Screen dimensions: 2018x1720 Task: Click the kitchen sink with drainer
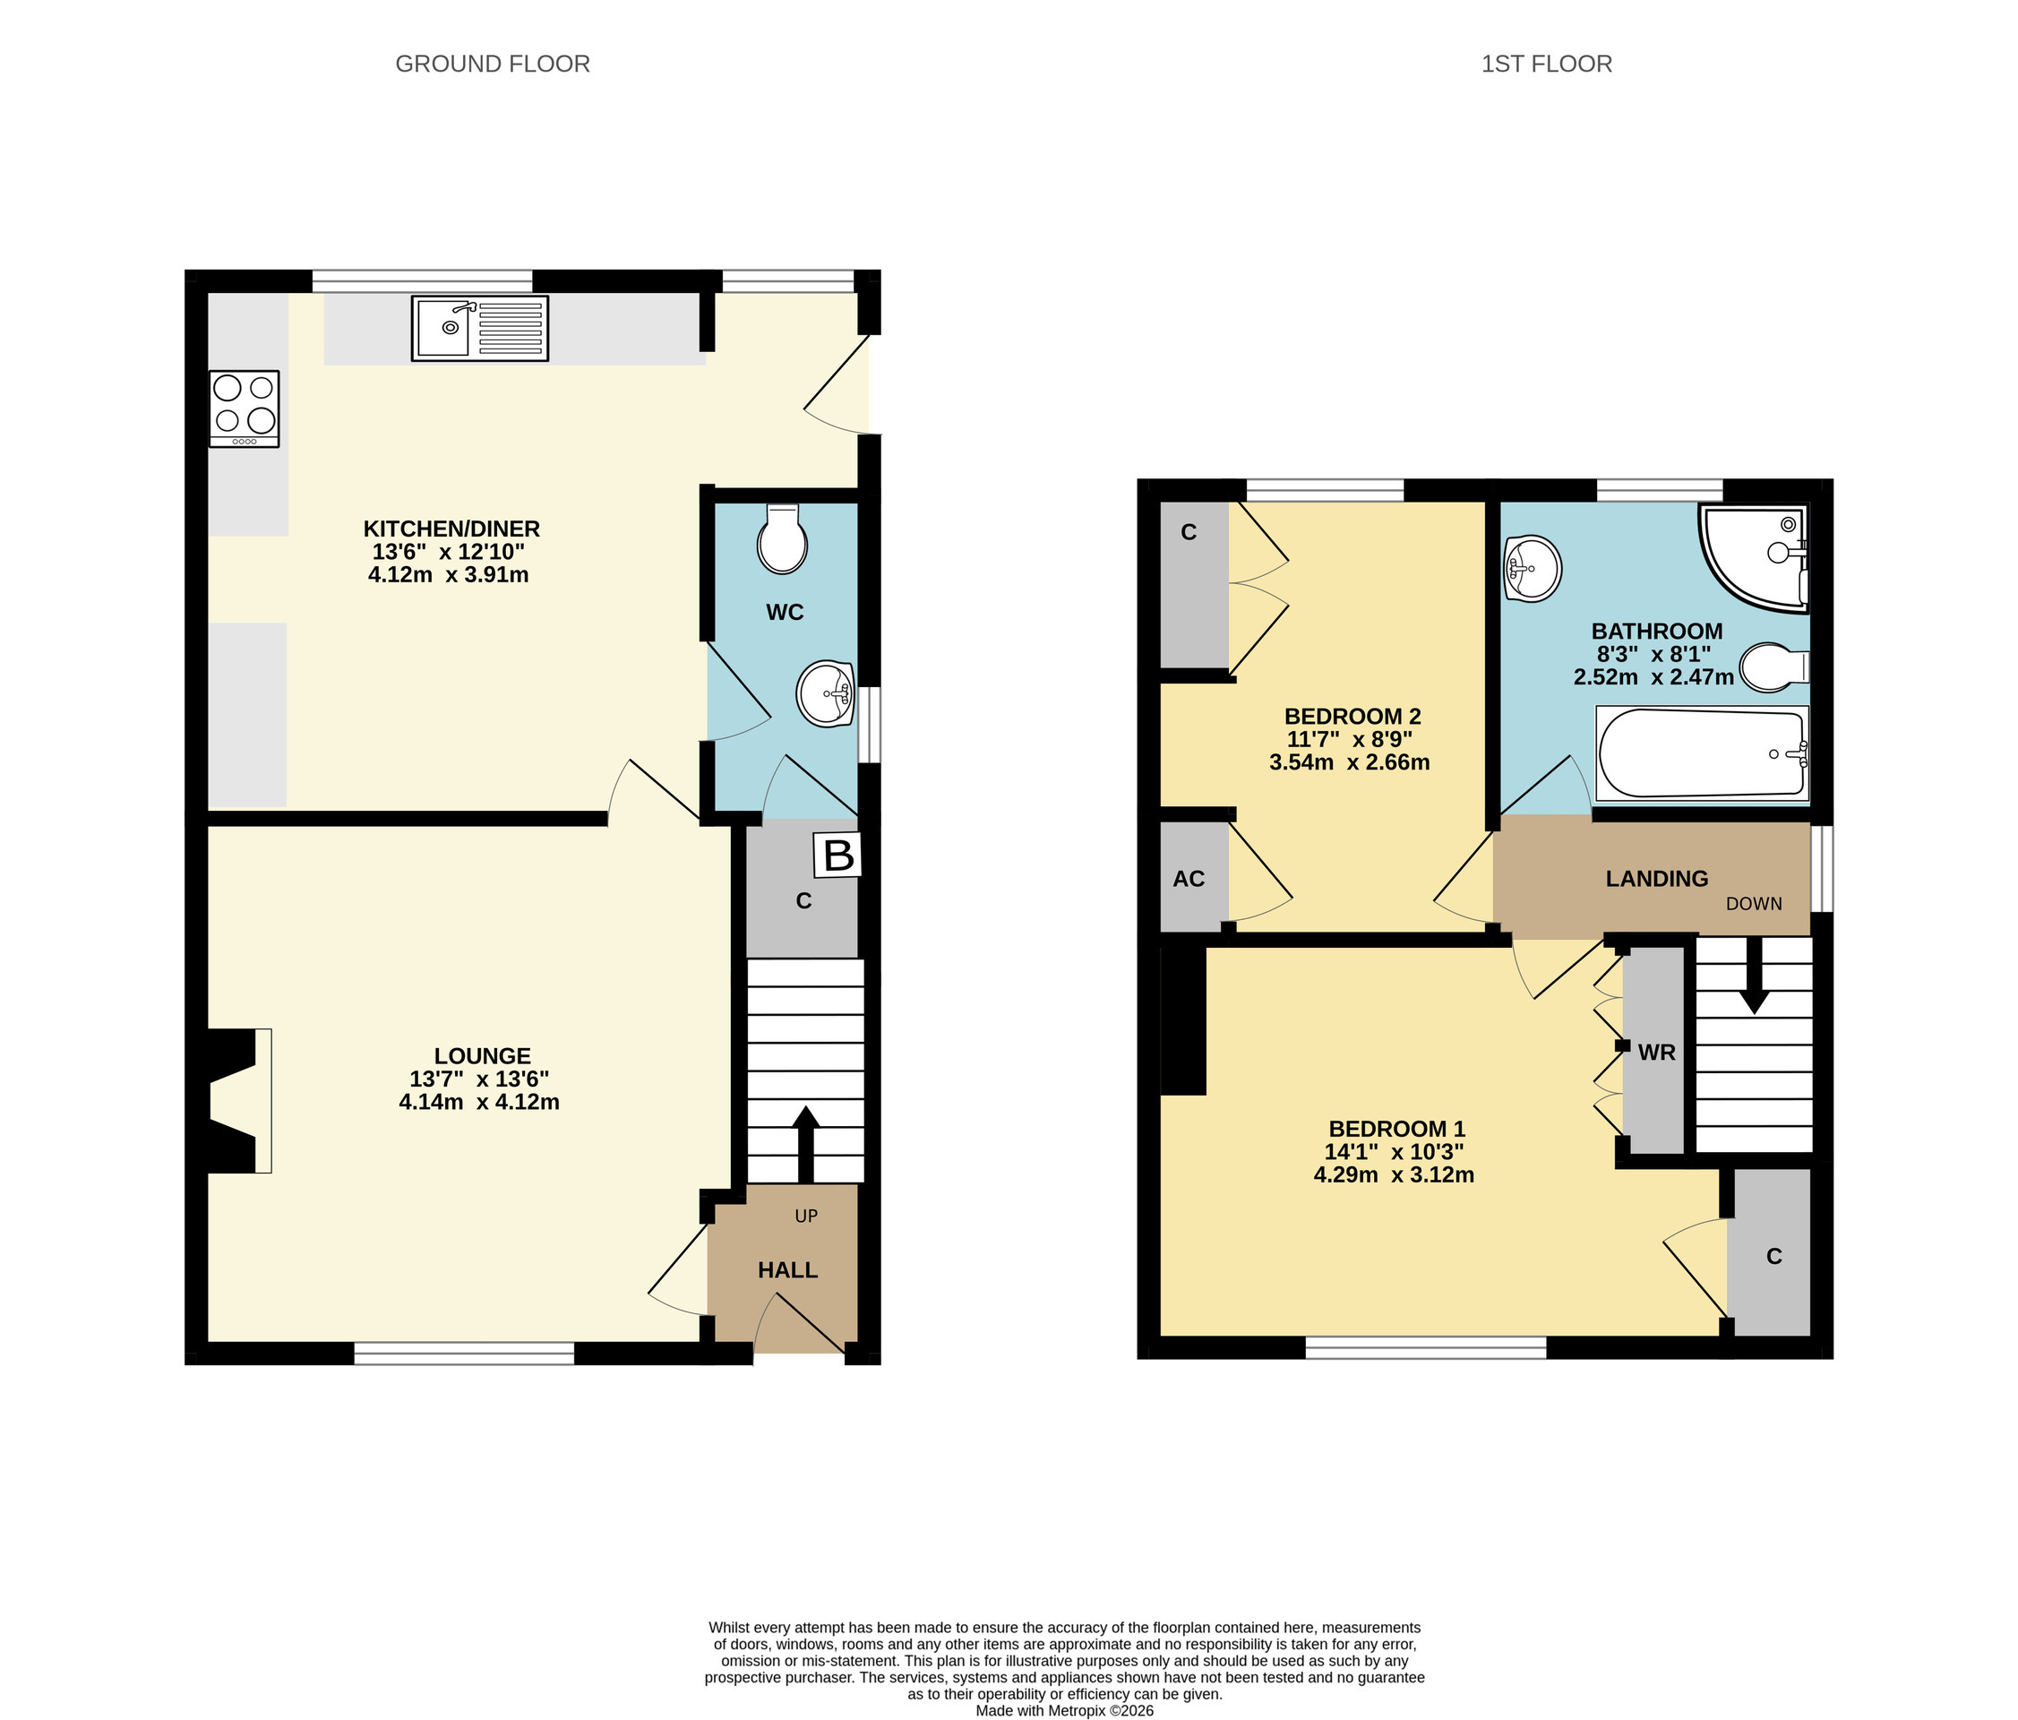[x=480, y=328]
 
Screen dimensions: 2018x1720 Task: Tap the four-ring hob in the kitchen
[x=245, y=409]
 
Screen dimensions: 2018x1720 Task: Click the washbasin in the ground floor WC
[x=825, y=694]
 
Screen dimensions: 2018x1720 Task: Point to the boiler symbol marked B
[x=837, y=856]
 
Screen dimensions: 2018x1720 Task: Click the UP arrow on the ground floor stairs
[x=805, y=1143]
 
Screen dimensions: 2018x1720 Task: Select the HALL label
[x=788, y=1270]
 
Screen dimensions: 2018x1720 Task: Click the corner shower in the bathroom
[x=1755, y=558]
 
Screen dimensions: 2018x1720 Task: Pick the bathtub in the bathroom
[x=1703, y=753]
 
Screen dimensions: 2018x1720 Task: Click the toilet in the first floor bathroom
[x=1774, y=667]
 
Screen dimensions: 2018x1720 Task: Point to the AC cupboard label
[x=1189, y=879]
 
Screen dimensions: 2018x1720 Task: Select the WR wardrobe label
[x=1657, y=1052]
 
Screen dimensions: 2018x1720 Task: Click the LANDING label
[x=1657, y=879]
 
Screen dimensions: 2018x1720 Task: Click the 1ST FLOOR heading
[x=1547, y=64]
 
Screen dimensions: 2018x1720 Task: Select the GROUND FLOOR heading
[x=493, y=64]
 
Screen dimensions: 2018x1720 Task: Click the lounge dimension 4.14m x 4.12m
[x=479, y=1103]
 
